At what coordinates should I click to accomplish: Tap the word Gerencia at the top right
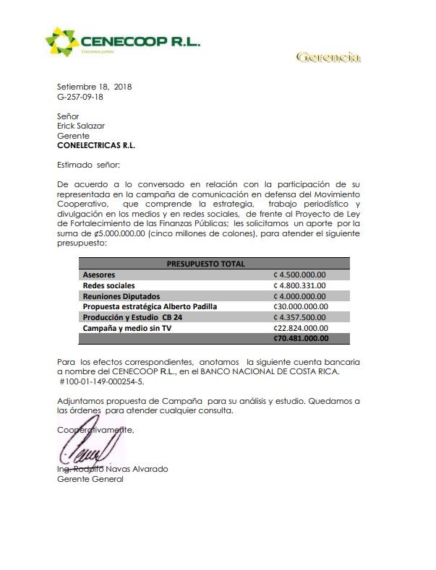pyautogui.click(x=328, y=57)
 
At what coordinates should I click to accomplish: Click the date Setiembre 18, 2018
pyautogui.click(x=94, y=87)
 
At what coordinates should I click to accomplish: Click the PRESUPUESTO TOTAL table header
pyautogui.click(x=205, y=264)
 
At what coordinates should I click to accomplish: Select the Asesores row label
pyautogui.click(x=99, y=275)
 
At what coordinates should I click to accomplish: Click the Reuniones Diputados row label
pyautogui.click(x=121, y=295)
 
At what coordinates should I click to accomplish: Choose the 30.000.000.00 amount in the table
pyautogui.click(x=301, y=306)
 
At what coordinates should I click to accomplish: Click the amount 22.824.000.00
pyautogui.click(x=301, y=327)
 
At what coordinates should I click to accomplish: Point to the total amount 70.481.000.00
pyautogui.click(x=301, y=337)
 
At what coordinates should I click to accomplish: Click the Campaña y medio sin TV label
pyautogui.click(x=127, y=327)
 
